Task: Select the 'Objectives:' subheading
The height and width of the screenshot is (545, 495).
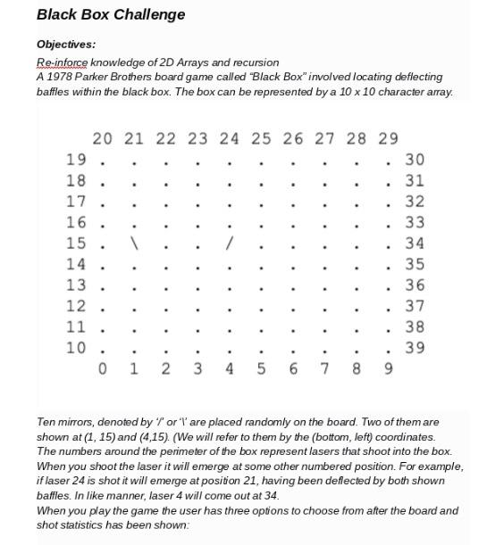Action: pyautogui.click(x=66, y=44)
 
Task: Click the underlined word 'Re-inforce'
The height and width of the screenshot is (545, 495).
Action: pyautogui.click(x=62, y=62)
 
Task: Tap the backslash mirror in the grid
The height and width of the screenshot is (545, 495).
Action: pyautogui.click(x=134, y=243)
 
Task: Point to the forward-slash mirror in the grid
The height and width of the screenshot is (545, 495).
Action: pyautogui.click(x=230, y=243)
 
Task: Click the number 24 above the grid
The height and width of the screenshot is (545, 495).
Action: pyautogui.click(x=230, y=138)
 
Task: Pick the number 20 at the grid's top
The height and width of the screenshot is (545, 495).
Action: pyautogui.click(x=102, y=138)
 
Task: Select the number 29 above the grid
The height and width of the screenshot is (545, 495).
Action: pyautogui.click(x=388, y=138)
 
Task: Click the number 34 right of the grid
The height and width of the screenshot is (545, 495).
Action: pyautogui.click(x=415, y=243)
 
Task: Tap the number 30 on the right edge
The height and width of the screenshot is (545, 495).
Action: pyautogui.click(x=415, y=160)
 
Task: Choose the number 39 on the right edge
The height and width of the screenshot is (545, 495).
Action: pyautogui.click(x=415, y=347)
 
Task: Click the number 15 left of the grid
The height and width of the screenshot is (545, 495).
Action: pyautogui.click(x=76, y=243)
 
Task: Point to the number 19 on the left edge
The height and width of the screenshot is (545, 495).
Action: pyautogui.click(x=76, y=160)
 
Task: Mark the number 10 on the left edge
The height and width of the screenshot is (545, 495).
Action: pyautogui.click(x=76, y=347)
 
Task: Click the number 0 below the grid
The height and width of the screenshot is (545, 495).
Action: pyautogui.click(x=102, y=367)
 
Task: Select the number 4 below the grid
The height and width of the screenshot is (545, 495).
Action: pyautogui.click(x=230, y=367)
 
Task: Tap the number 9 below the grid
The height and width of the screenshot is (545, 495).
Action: pyautogui.click(x=388, y=367)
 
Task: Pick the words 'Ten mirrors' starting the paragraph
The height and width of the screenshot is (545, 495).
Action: pyautogui.click(x=67, y=422)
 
